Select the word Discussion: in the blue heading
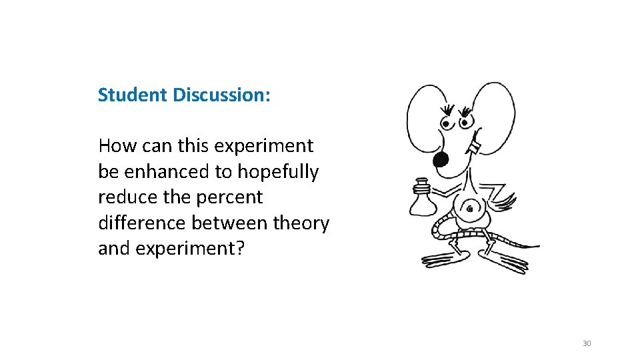[x=221, y=95]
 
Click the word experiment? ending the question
[x=192, y=249]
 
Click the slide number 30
[x=587, y=343]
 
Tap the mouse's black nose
[x=441, y=159]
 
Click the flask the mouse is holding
[x=421, y=199]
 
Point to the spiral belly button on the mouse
[x=471, y=209]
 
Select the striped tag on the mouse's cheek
[x=475, y=144]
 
